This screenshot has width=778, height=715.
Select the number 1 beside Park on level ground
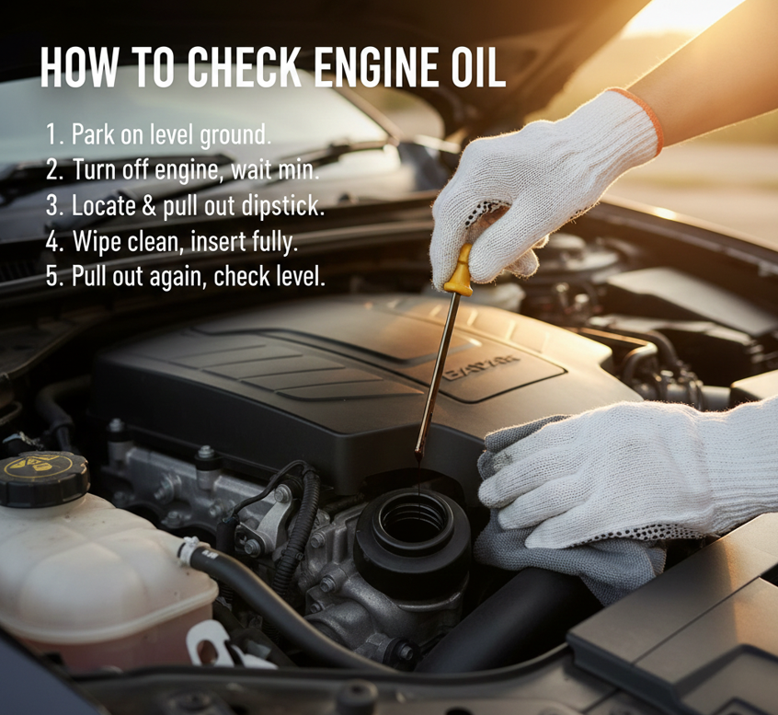click(51, 135)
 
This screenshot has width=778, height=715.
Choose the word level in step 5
click(299, 276)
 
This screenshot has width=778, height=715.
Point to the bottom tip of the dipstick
click(418, 456)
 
